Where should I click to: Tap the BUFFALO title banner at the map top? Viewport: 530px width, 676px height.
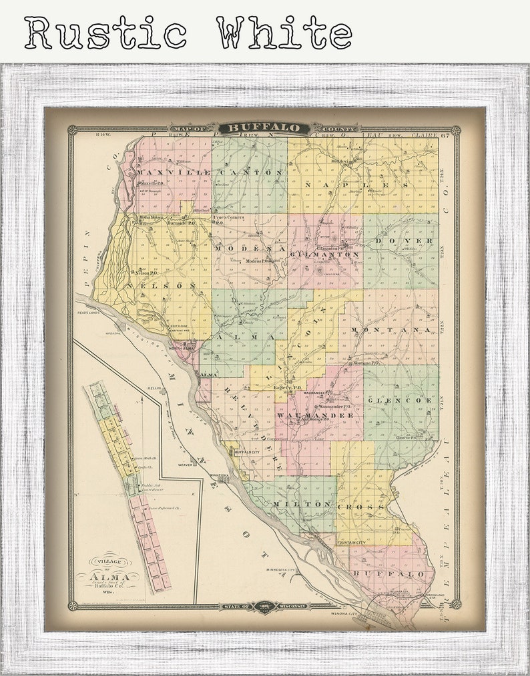(x=265, y=128)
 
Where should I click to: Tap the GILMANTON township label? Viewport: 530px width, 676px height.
(x=327, y=255)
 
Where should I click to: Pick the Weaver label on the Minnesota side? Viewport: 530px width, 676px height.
(x=186, y=465)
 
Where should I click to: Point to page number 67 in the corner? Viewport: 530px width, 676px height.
(x=445, y=135)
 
